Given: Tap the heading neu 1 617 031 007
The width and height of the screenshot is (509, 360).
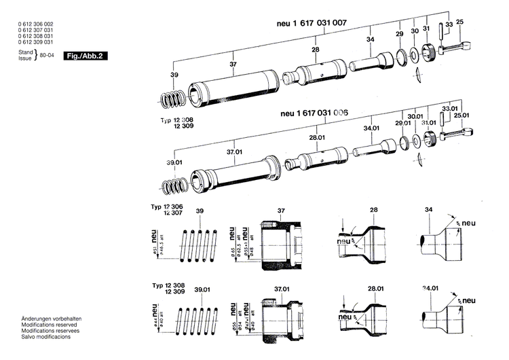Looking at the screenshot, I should [312, 23].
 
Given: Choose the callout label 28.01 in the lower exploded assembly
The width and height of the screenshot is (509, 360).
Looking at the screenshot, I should [316, 138].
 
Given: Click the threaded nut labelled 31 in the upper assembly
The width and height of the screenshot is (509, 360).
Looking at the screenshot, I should [428, 51].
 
